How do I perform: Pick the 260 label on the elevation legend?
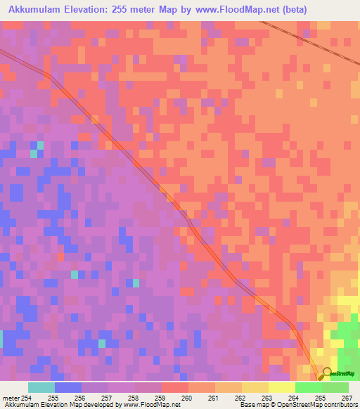coord(186,398)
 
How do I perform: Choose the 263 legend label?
coord(266,398)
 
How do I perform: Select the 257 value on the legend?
coord(108,398)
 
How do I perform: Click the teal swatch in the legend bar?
coord(41,387)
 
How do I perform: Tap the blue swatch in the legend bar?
coord(68,387)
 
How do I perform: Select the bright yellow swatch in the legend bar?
coord(281,387)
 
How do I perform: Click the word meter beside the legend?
coord(11,398)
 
